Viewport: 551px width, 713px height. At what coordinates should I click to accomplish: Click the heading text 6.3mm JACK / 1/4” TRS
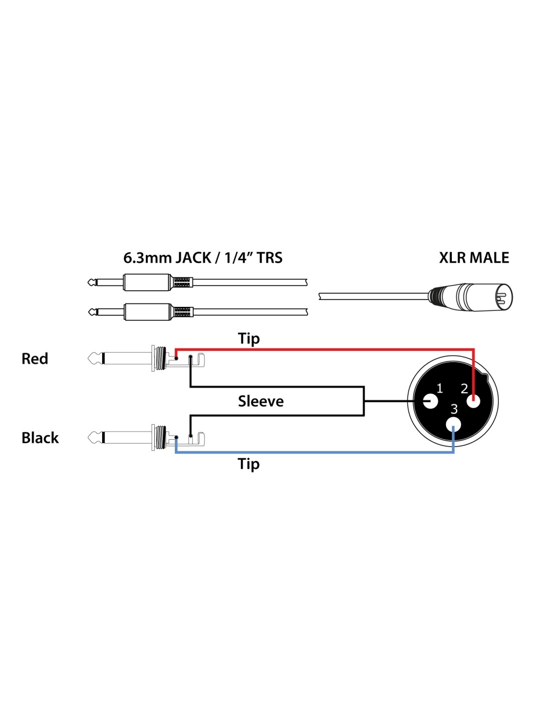tap(203, 258)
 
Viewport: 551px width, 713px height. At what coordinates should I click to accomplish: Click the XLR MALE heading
tap(474, 258)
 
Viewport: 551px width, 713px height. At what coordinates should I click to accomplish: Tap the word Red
tap(35, 359)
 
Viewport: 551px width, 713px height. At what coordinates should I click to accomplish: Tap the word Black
tap(40, 438)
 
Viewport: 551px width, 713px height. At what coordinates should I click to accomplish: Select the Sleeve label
tap(260, 401)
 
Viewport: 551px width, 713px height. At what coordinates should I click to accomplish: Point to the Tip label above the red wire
tap(249, 339)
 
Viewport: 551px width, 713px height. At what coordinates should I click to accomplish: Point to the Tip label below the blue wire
tap(249, 464)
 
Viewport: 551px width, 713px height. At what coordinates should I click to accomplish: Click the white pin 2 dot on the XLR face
tap(473, 401)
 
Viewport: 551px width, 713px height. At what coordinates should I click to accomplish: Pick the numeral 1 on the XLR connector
tap(439, 388)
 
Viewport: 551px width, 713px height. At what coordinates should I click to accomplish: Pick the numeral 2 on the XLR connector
tap(464, 388)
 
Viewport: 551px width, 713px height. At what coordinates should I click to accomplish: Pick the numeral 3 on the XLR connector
tap(454, 409)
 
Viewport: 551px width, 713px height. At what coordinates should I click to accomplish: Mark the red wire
tap(326, 349)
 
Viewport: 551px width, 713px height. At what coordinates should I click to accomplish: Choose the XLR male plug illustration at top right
tap(471, 297)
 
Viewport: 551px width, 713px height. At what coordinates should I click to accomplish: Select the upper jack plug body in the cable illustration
tap(147, 282)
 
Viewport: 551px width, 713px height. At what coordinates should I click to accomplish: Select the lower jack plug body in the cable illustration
tap(147, 312)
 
